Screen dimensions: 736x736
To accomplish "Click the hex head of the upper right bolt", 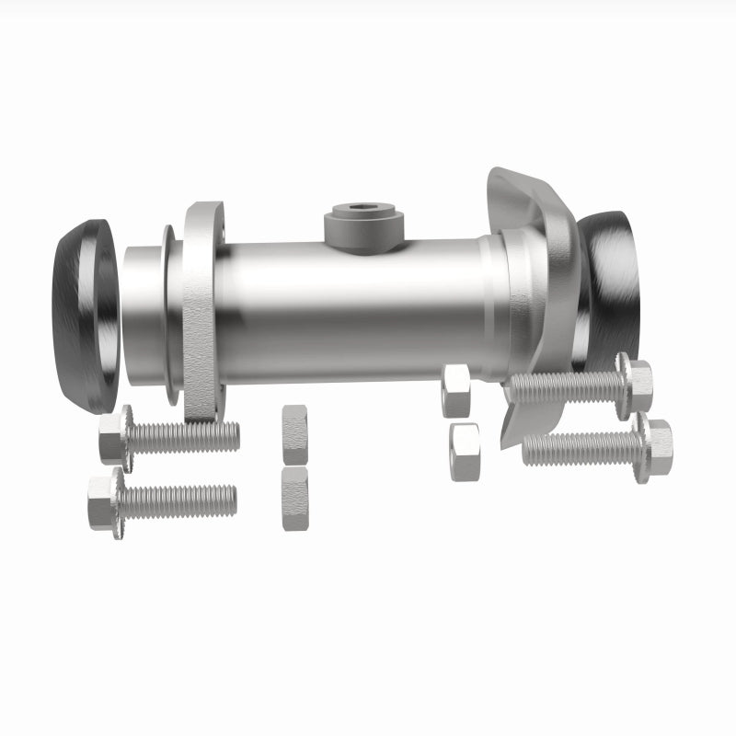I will coord(637,385).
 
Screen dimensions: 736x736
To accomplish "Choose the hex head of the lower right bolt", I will coord(656,448).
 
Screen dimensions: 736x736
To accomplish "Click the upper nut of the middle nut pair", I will coord(294,433).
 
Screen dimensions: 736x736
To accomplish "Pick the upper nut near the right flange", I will coord(456,389).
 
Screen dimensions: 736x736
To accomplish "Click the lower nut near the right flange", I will coord(466,452).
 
